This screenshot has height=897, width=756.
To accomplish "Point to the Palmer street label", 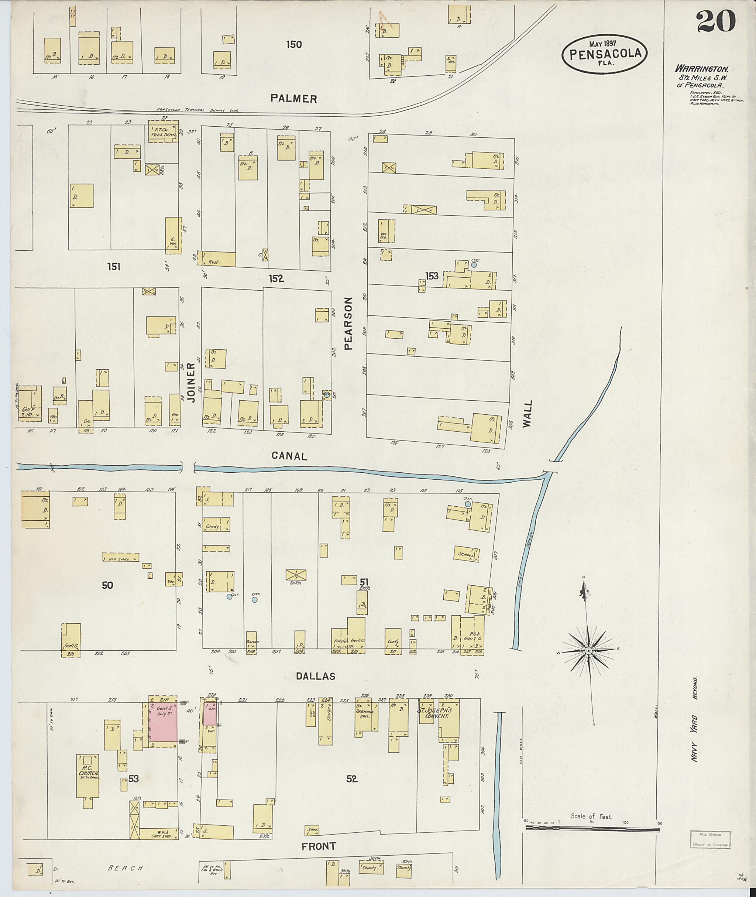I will coord(293,99).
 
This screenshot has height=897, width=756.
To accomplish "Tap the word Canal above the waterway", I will coord(289,456).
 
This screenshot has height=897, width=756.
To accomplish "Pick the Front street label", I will coord(319,846).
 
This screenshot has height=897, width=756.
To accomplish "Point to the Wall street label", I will coord(527,413).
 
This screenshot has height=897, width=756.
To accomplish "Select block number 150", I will coord(293,45).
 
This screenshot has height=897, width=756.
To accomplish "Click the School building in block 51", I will coord(466,554).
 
